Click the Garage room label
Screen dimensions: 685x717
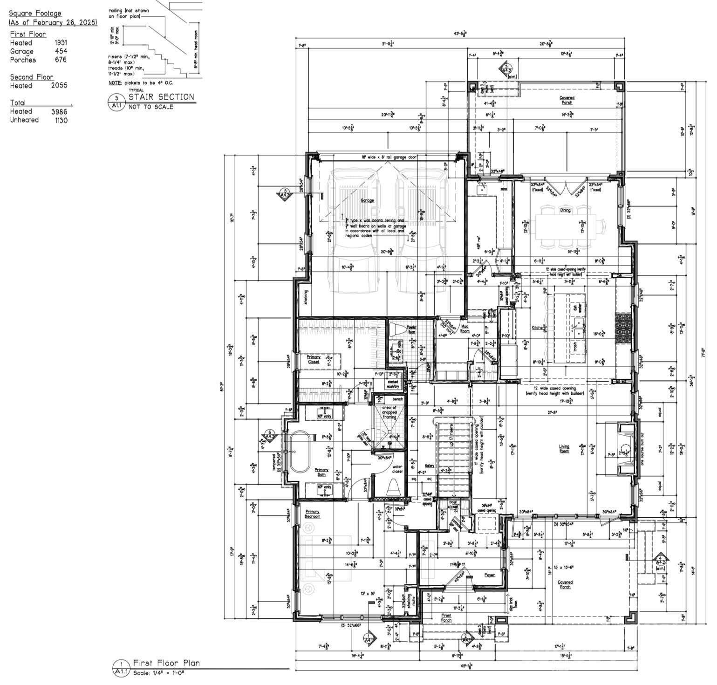(x=367, y=200)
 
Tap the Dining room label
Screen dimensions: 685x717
(x=565, y=210)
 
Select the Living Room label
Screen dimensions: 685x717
(x=564, y=449)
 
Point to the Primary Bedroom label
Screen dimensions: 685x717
(x=313, y=514)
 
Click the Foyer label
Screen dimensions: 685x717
(x=489, y=575)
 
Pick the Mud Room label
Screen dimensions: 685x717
(x=465, y=329)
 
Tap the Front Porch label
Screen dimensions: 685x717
(x=446, y=618)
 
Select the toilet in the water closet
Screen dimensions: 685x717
(x=394, y=487)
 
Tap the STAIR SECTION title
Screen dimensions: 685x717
(x=161, y=97)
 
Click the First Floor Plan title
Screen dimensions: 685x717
(x=166, y=663)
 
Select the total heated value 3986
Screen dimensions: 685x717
(x=59, y=111)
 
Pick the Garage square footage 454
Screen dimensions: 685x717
(x=61, y=51)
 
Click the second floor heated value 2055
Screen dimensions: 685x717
(x=59, y=85)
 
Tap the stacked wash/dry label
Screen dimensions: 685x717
(x=394, y=384)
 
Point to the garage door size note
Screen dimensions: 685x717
(x=389, y=158)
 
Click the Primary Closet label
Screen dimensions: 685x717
(x=314, y=359)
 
